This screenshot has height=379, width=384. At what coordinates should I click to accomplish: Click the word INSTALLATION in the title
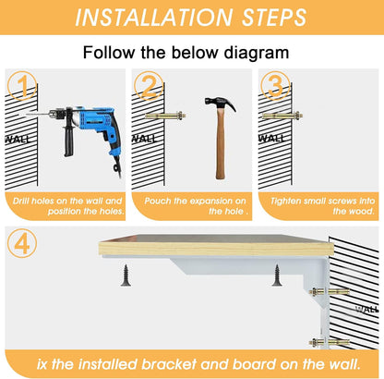click(x=147, y=18)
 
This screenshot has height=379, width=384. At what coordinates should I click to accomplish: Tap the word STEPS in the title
click(x=265, y=18)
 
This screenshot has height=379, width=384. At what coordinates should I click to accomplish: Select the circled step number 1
click(x=22, y=89)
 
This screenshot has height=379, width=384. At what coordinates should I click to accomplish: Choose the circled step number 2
click(x=148, y=89)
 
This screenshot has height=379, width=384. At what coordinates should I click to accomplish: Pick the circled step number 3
click(x=274, y=89)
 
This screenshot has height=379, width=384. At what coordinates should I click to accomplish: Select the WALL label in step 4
click(x=366, y=309)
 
